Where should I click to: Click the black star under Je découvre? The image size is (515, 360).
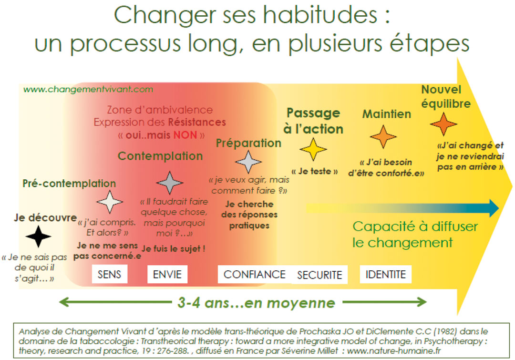39,237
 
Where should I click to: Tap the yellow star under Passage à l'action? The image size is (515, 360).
313,149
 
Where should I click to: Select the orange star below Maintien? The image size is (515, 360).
383,137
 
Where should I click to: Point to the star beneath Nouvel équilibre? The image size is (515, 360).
443,124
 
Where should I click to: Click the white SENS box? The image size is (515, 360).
109,274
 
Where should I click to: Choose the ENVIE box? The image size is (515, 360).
167,274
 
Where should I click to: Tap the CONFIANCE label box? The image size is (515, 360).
255,274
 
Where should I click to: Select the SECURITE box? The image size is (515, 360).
319,275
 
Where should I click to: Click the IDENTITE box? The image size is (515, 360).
386,274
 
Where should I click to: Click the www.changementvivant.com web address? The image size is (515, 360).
88,89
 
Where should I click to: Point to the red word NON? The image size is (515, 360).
185,135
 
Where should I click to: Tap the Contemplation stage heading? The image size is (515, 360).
160,156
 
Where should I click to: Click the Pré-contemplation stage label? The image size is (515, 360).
69,183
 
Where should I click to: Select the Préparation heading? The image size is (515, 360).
248,143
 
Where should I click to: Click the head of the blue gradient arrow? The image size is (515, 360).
494,208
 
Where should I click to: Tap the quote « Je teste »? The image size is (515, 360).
315,171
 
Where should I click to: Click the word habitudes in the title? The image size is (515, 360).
320,15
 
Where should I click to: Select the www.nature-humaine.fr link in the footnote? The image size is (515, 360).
394,351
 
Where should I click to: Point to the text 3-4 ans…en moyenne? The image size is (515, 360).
256,303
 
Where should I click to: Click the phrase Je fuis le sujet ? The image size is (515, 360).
174,248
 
